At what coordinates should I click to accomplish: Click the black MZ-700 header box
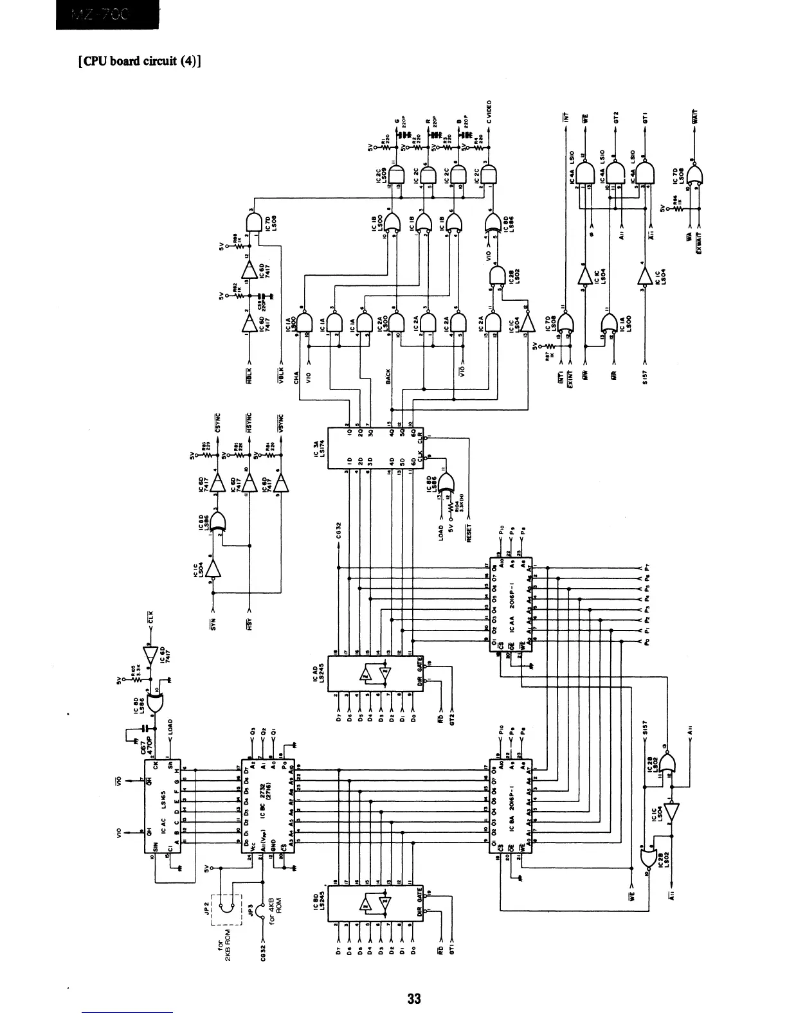106,15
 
